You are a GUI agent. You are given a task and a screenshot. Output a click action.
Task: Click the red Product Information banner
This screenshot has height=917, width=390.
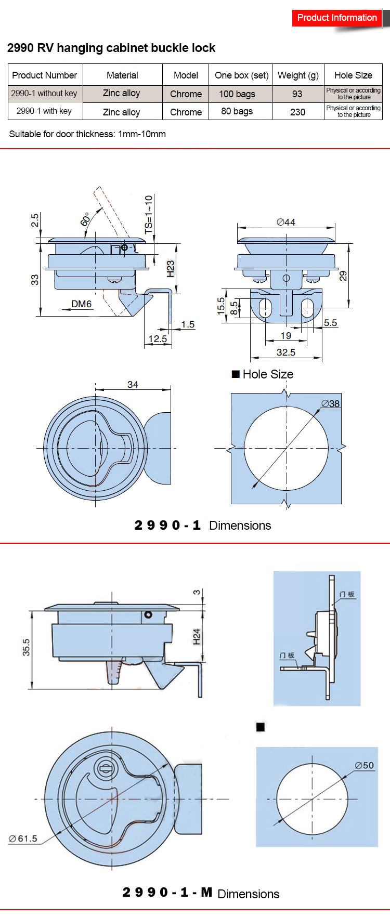coord(337,18)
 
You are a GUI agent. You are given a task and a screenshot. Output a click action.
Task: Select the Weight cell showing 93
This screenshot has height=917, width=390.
coord(297,94)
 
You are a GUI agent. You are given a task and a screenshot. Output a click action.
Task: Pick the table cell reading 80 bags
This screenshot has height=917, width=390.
coord(237,111)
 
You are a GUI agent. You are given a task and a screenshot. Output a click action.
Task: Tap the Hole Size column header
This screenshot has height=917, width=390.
coord(353,75)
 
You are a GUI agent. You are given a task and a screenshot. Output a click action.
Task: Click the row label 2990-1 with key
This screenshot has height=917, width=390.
coord(44,111)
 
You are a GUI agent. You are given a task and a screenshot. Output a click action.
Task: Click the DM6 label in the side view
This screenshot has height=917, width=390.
coord(82,304)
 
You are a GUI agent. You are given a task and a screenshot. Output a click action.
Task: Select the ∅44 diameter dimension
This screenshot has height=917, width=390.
coord(286,222)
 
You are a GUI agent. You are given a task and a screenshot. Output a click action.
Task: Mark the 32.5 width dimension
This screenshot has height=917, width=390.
coord(286,352)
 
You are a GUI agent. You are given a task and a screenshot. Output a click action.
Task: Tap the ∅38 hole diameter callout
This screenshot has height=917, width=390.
coord(331,403)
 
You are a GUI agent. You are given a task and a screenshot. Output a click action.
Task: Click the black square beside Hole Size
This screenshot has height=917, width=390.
coord(236,374)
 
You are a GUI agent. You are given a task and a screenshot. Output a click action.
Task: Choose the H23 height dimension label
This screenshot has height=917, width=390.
coord(171,268)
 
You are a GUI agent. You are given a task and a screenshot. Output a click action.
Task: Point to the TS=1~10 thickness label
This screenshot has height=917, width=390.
coord(149,214)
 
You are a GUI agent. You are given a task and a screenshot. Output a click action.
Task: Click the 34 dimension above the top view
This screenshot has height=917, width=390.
coord(133,385)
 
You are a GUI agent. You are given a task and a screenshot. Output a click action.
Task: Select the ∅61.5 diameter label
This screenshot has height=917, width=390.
coord(23,839)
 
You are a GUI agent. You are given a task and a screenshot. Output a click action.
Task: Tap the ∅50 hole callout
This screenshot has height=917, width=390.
coord(364,765)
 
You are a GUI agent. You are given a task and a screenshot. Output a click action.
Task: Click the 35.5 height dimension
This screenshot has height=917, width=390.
coord(26,647)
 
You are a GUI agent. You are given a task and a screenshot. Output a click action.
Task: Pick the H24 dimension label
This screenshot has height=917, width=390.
coord(197,637)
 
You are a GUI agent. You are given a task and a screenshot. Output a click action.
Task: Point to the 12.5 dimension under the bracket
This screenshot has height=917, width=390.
coord(158,339)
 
